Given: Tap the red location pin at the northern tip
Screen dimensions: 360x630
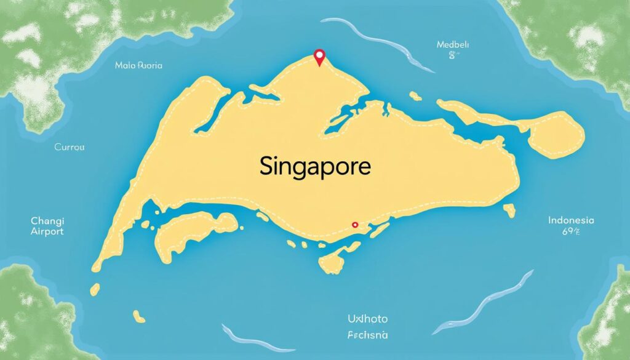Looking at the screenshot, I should click(x=319, y=57).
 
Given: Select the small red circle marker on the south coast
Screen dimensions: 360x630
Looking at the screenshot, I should click(x=354, y=225).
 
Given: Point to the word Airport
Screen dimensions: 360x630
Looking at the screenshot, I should click(x=47, y=231).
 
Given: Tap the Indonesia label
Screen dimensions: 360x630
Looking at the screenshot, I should click(x=570, y=220).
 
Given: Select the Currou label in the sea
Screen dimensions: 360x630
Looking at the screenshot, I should click(x=69, y=148).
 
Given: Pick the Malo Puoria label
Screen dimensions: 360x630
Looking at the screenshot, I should click(x=138, y=65).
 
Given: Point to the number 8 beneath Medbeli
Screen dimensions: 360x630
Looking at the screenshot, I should click(x=454, y=56).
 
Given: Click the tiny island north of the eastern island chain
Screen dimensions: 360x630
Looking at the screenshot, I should click(x=416, y=96).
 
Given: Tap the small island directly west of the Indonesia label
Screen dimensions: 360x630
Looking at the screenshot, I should click(x=509, y=210).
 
